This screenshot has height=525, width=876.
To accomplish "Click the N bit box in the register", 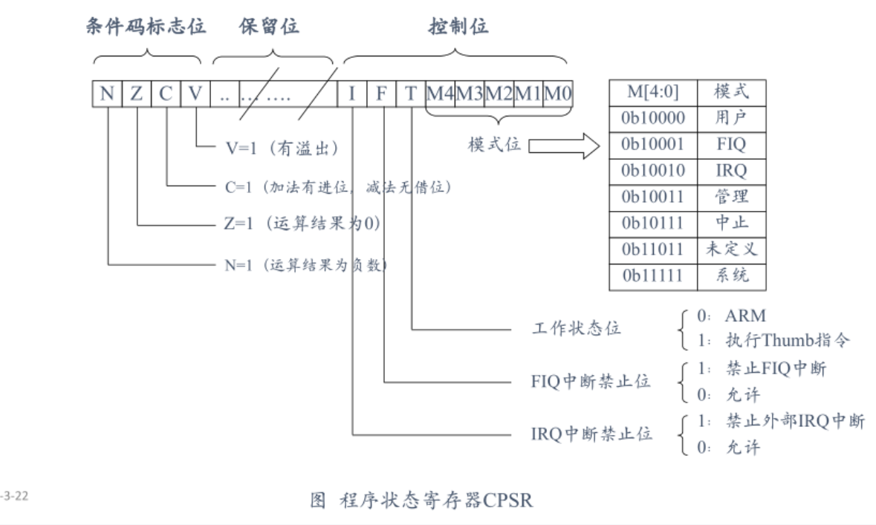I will pyautogui.click(x=107, y=95).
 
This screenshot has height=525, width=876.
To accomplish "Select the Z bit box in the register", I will pyautogui.click(x=136, y=95).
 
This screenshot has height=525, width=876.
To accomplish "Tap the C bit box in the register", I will pyautogui.click(x=165, y=95).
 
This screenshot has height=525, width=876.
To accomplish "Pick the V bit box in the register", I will pyautogui.click(x=195, y=95).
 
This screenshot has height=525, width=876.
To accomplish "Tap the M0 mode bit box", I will pyautogui.click(x=558, y=95).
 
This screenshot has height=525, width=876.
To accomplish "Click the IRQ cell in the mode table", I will pyautogui.click(x=731, y=171).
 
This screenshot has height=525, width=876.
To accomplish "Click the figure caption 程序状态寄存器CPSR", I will pyautogui.click(x=421, y=500).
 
